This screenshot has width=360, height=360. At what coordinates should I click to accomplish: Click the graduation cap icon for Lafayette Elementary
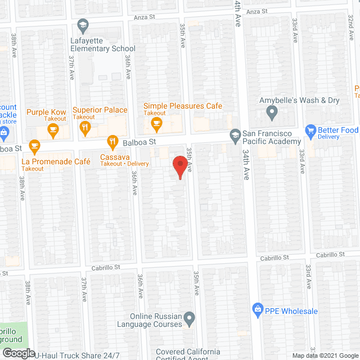83,25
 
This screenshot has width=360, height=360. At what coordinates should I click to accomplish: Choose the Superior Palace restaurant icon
85,129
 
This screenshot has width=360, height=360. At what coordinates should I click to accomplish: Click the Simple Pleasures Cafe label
183,106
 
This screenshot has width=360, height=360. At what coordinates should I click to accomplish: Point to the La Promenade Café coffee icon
34,146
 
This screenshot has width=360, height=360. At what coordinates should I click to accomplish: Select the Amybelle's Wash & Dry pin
273,114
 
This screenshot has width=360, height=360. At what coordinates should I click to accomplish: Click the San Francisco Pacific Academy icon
235,134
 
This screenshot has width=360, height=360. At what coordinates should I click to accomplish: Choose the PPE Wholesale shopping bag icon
258,309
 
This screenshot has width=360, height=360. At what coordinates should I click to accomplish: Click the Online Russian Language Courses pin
190,320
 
